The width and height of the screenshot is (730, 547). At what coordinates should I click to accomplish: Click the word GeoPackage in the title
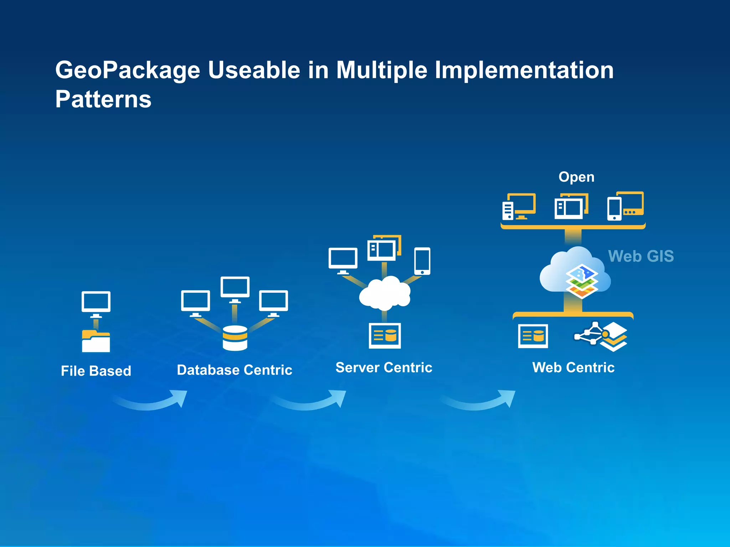click(128, 70)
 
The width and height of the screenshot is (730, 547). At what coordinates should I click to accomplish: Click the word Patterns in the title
click(103, 99)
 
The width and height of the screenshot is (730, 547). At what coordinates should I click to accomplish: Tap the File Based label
click(96, 371)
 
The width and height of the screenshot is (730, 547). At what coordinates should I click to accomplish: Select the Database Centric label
click(235, 370)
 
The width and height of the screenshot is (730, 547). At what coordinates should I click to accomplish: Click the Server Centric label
click(384, 367)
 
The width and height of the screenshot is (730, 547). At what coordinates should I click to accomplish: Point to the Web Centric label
click(573, 367)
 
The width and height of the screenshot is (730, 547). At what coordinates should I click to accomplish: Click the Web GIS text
click(641, 256)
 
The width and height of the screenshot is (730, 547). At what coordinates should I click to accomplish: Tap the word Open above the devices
click(576, 177)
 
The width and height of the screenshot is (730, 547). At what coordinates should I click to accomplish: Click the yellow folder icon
click(96, 341)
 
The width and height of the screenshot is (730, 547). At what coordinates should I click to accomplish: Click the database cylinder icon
click(235, 338)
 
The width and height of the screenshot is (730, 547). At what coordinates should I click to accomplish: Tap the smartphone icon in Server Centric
click(422, 261)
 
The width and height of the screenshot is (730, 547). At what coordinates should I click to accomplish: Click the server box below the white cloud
click(385, 335)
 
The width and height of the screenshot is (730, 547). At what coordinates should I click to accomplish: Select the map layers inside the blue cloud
click(581, 281)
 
